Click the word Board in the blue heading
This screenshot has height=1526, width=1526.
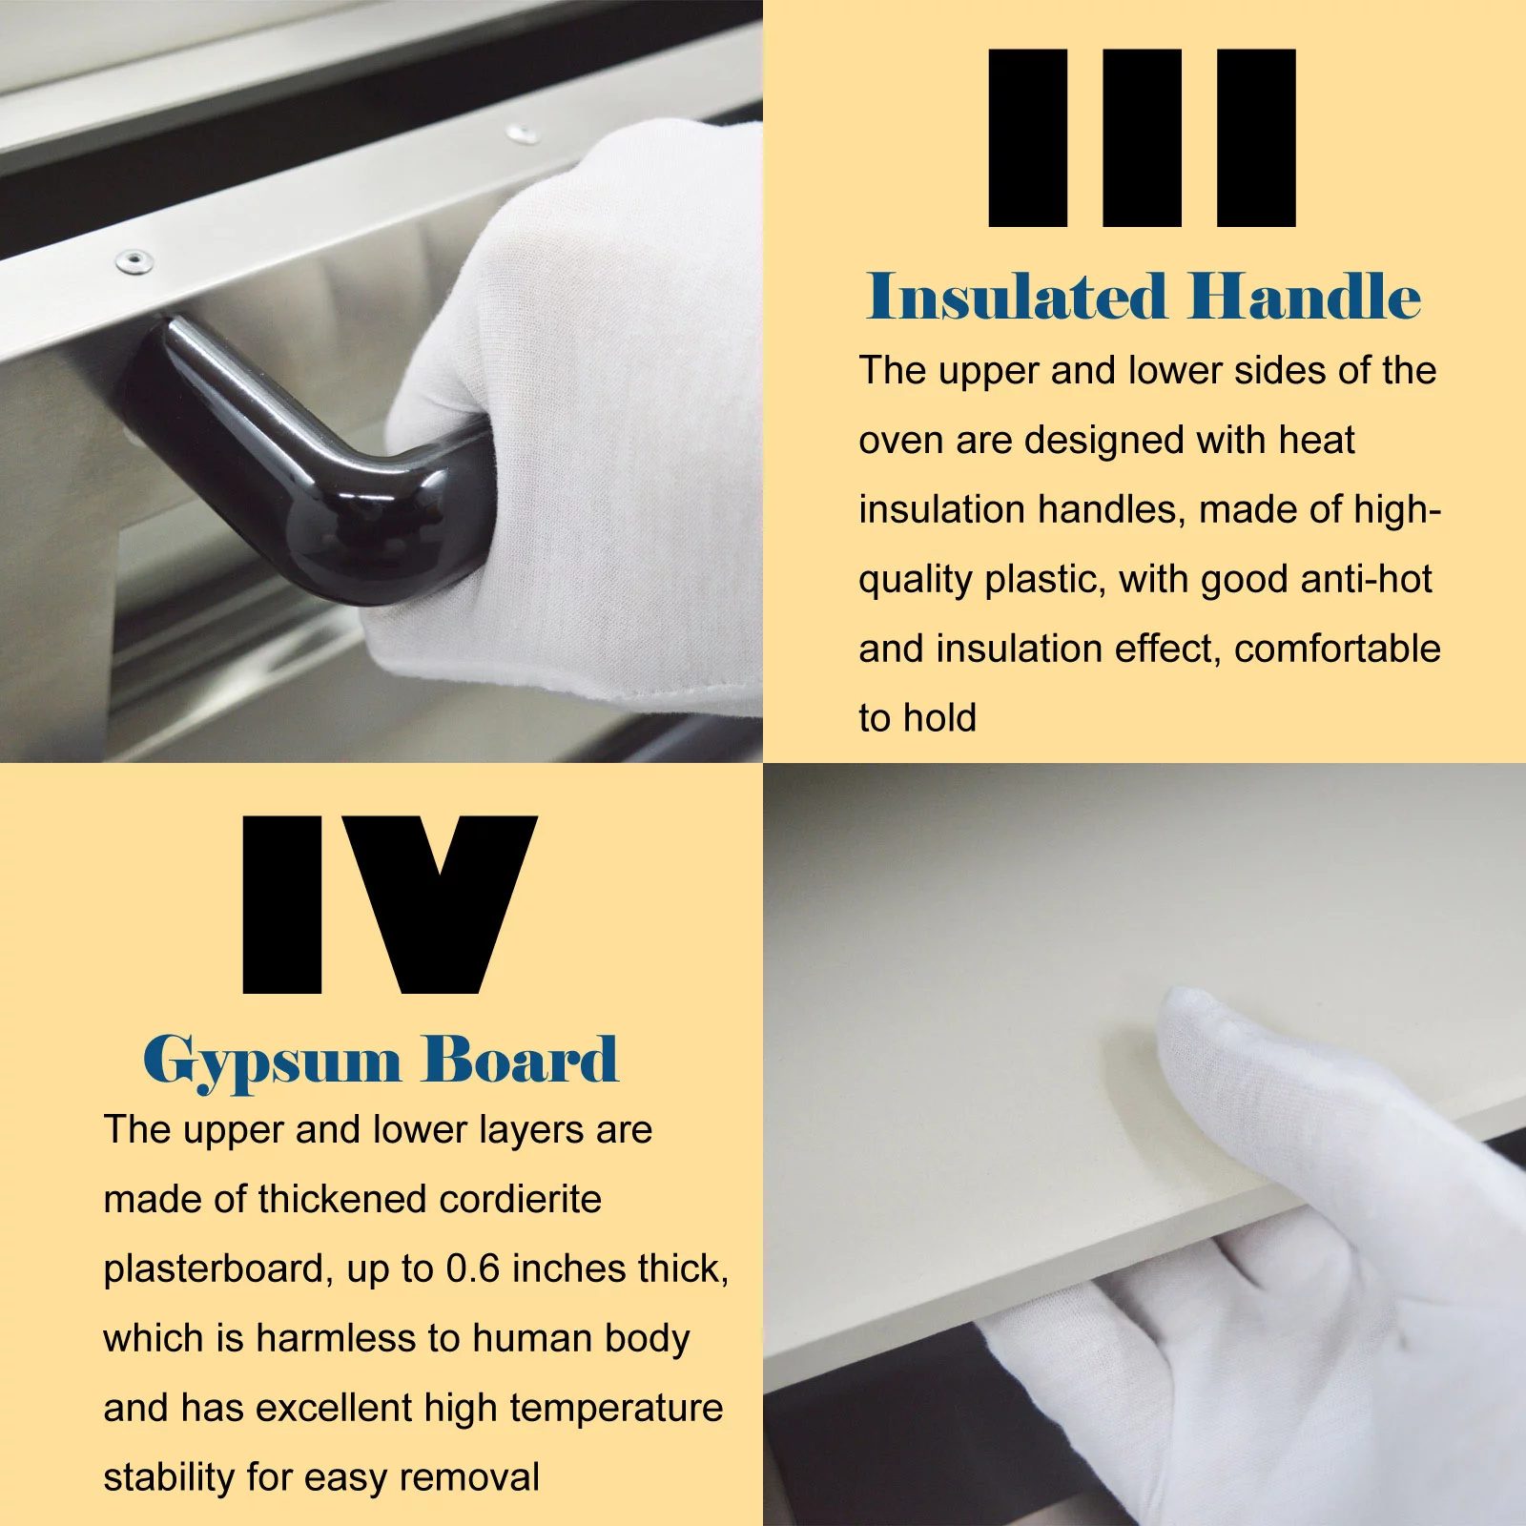(x=521, y=1059)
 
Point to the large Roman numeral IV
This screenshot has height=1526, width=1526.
(x=390, y=904)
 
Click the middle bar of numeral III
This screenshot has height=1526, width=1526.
(x=1142, y=137)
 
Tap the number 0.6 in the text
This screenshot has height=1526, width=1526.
(x=473, y=1268)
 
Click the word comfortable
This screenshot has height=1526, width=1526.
(x=1337, y=649)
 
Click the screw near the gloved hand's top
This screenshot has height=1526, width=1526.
(x=521, y=133)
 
